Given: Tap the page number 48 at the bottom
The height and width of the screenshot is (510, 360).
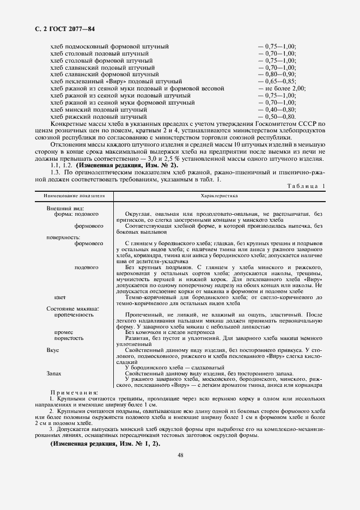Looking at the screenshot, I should (180, 456).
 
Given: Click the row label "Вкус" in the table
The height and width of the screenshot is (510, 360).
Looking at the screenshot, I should (53, 350).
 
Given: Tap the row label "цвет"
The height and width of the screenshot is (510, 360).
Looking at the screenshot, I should (60, 297).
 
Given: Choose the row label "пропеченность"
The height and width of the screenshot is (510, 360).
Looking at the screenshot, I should (74, 314).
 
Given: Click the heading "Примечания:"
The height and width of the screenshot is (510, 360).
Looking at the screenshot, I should (74, 392).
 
